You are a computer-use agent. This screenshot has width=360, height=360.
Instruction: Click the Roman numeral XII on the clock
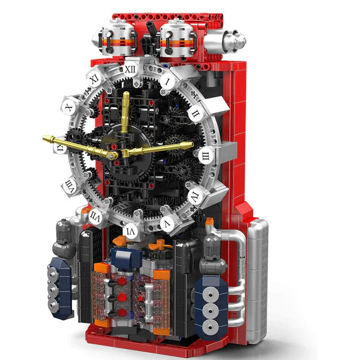[131, 69]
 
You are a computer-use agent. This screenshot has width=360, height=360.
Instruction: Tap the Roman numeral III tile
[205, 157]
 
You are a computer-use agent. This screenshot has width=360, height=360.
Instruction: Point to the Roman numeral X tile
[69, 108]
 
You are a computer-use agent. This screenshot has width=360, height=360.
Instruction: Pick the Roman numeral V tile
[167, 224]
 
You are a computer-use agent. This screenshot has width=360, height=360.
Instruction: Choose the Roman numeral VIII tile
[70, 185]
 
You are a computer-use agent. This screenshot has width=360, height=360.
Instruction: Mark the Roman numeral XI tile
[94, 78]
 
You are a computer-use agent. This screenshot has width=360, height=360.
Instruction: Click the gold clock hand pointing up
[125, 114]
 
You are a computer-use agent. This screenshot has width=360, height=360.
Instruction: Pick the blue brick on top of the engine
[127, 258]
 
